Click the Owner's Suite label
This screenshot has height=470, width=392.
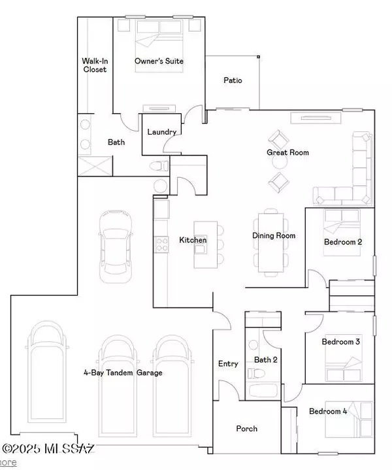(159, 61)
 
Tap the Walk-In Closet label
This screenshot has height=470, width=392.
(94, 65)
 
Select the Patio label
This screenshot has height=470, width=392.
(233, 80)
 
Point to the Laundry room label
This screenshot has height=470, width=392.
(161, 132)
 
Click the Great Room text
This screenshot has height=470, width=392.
(287, 153)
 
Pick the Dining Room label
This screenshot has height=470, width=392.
(274, 236)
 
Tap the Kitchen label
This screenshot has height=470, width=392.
(193, 241)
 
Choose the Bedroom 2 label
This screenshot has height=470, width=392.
(343, 243)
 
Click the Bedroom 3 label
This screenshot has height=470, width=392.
(341, 341)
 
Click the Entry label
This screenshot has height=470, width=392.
(228, 364)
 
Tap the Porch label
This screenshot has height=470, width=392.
(246, 429)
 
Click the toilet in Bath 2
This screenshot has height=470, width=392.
(257, 373)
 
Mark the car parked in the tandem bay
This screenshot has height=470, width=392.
(114, 245)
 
